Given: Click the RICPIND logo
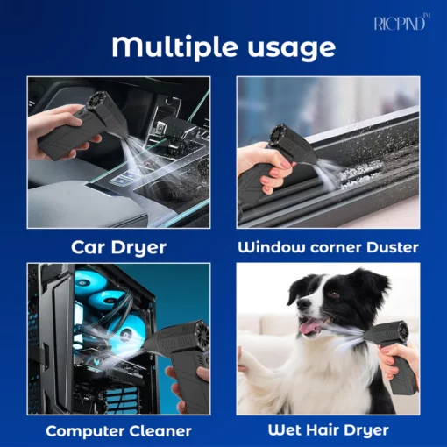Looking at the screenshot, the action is [x=402, y=23].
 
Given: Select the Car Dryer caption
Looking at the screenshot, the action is [x=118, y=248].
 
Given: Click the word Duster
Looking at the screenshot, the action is [x=393, y=247].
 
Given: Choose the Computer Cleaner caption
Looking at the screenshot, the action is [x=118, y=431].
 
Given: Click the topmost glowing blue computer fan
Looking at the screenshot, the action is [x=88, y=281].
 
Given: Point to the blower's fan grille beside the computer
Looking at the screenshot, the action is [x=202, y=336].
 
